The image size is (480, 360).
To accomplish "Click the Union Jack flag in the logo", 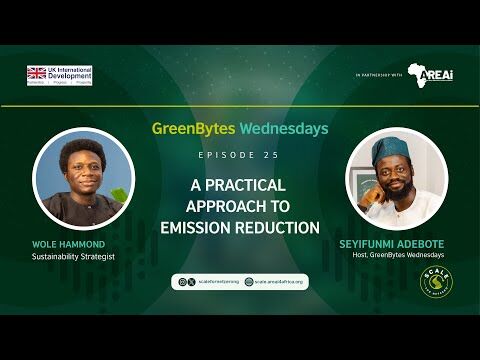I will pyautogui.click(x=37, y=72).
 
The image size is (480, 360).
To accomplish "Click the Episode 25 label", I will pyautogui.click(x=240, y=156).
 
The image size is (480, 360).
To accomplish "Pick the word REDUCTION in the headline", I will pyautogui.click(x=283, y=227).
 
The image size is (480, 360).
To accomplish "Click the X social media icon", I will pyautogui.click(x=181, y=282).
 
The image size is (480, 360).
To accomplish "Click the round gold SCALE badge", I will pyautogui.click(x=436, y=281).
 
